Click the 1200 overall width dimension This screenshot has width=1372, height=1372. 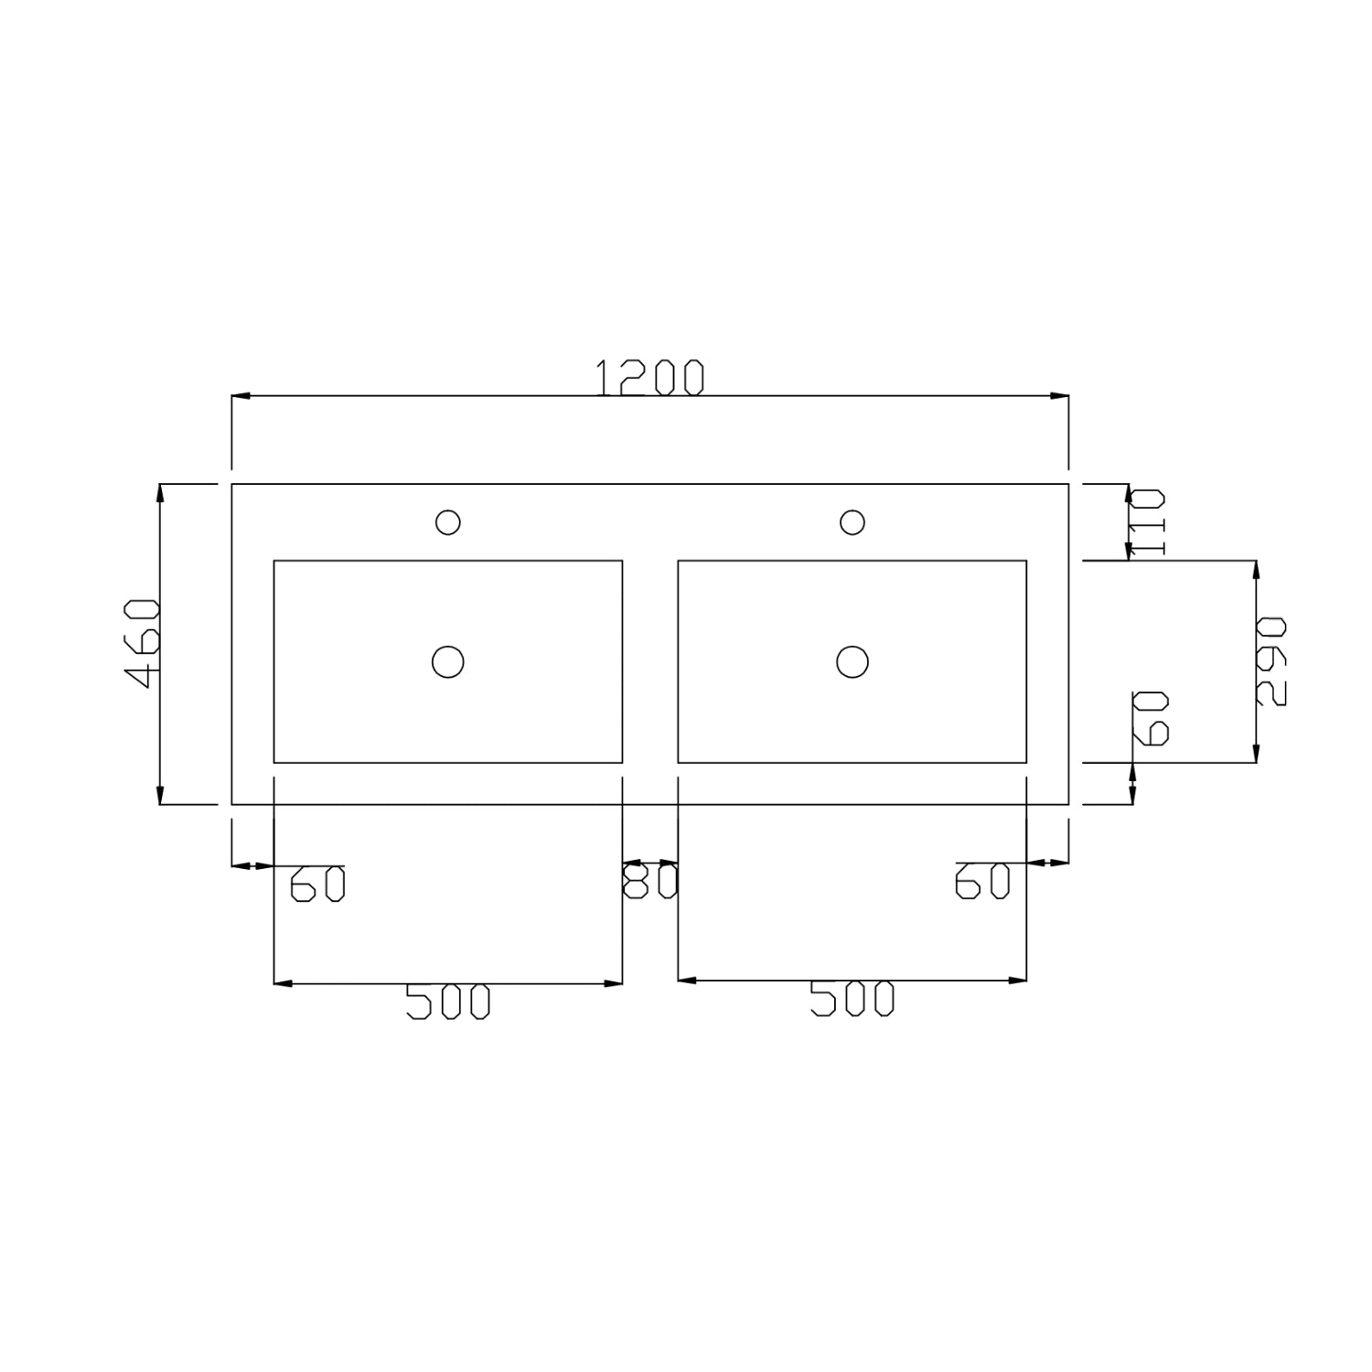[x=650, y=378]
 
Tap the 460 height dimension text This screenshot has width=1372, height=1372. [x=143, y=643]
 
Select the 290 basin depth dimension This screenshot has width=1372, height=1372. [x=1270, y=661]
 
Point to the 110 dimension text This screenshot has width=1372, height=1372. [x=1147, y=522]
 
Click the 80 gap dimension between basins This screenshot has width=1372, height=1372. [x=650, y=882]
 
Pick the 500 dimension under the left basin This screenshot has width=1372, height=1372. [x=448, y=1002]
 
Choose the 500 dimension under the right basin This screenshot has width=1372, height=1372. [x=852, y=999]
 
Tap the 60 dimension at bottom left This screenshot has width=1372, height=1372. [x=317, y=884]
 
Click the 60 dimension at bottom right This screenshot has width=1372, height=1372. [x=982, y=881]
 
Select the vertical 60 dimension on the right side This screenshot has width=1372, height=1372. [x=1152, y=718]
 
